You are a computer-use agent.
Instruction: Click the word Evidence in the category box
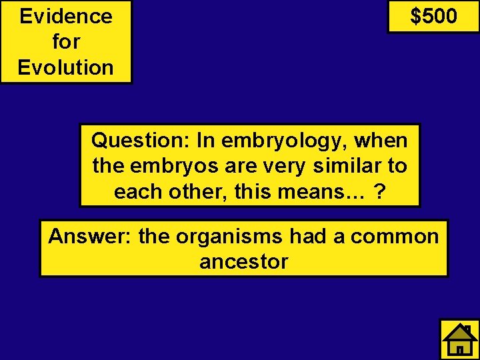[x=66, y=16]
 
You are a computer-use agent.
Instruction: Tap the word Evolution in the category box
[x=66, y=67]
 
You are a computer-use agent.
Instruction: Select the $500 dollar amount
[x=433, y=16]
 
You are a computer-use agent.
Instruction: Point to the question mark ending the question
[x=379, y=191]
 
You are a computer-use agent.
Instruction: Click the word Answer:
[x=90, y=237]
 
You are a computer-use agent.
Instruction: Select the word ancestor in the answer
[x=244, y=261]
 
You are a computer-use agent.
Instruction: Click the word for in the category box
[x=66, y=42]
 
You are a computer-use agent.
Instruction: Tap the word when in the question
[x=381, y=141]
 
